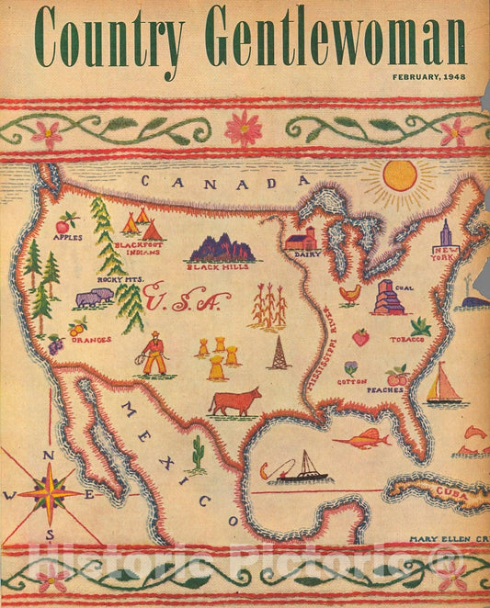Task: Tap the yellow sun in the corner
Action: [x=400, y=175]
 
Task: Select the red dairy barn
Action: [x=300, y=240]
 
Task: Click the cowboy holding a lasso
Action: [x=154, y=354]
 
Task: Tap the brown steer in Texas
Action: [x=235, y=401]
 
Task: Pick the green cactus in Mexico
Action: [x=197, y=453]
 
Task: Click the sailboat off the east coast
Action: [x=444, y=384]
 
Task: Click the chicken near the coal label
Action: [x=349, y=294]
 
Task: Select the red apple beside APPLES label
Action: [x=63, y=223]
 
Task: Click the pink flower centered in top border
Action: [x=244, y=127]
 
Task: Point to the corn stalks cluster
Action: [x=268, y=306]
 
